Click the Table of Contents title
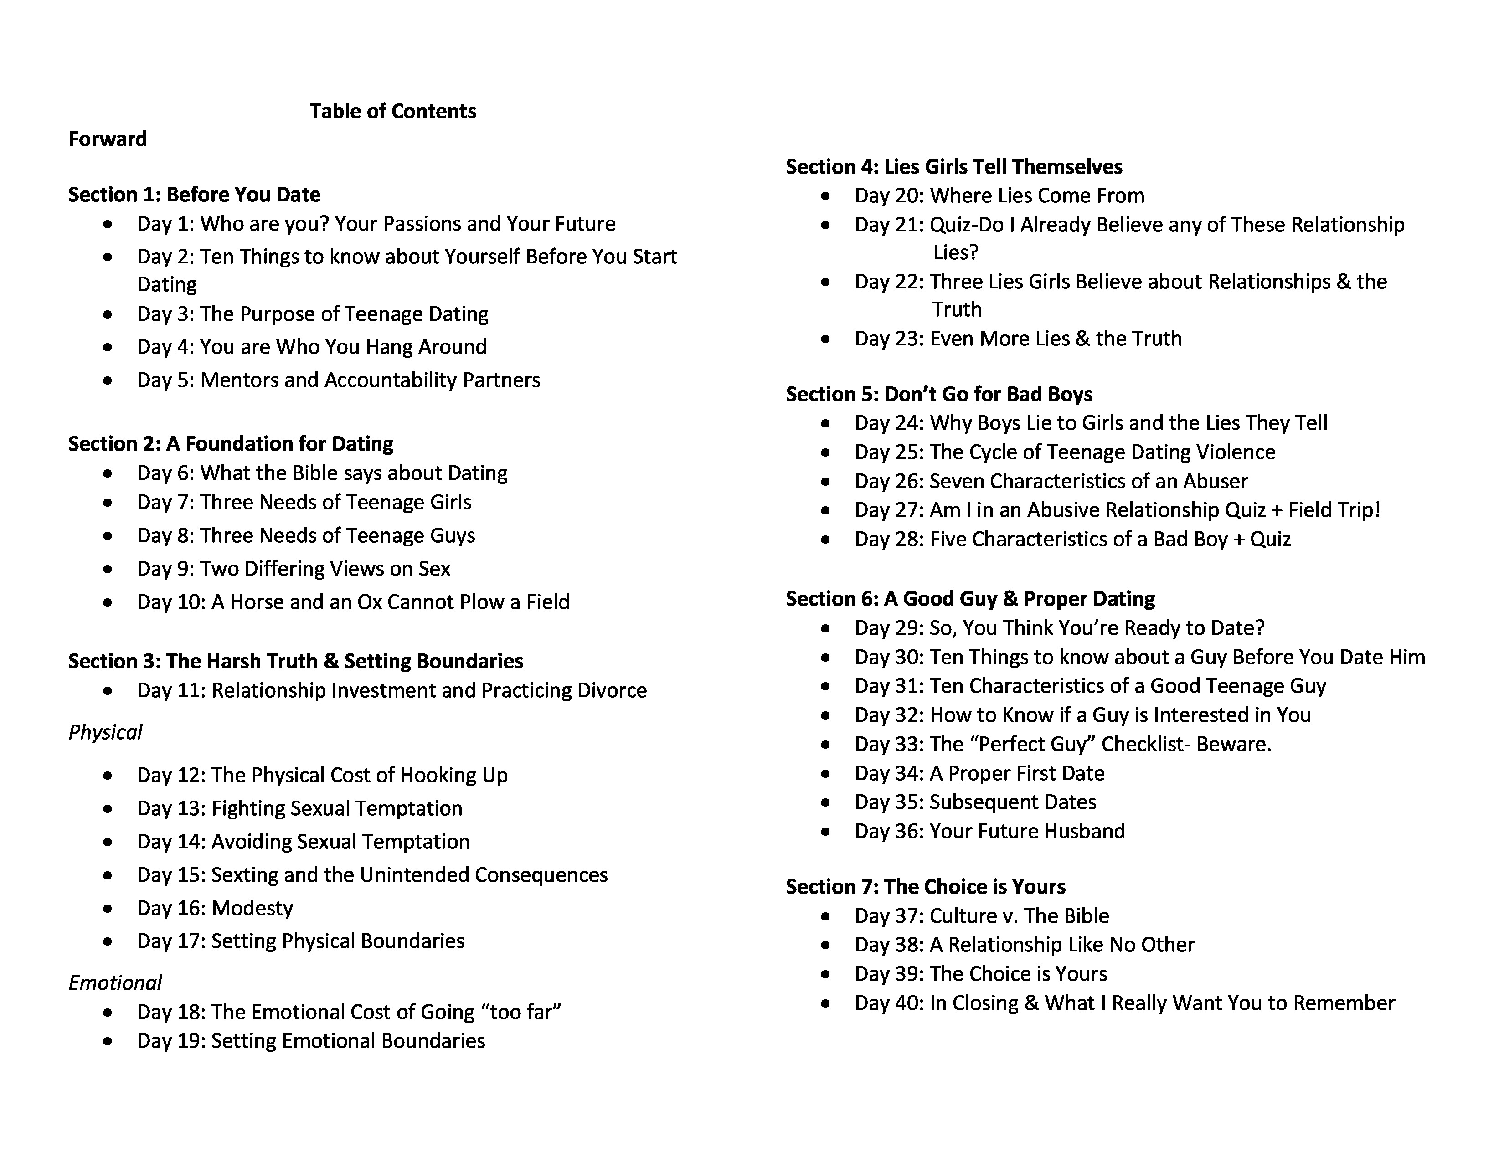[392, 112]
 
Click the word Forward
[108, 139]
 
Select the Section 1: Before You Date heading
[194, 195]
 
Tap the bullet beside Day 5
[108, 380]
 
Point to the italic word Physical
[105, 732]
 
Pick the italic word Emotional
[115, 983]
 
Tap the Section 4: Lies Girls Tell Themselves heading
[954, 167]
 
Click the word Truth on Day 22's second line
[957, 310]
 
